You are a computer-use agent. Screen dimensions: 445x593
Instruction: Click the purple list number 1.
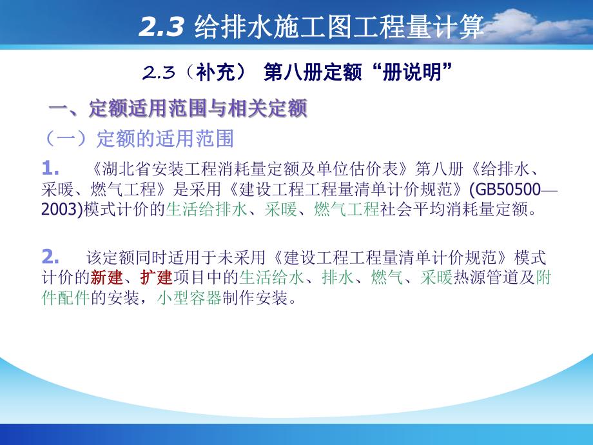tap(50, 169)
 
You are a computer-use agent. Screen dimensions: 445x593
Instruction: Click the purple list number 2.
tap(50, 257)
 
